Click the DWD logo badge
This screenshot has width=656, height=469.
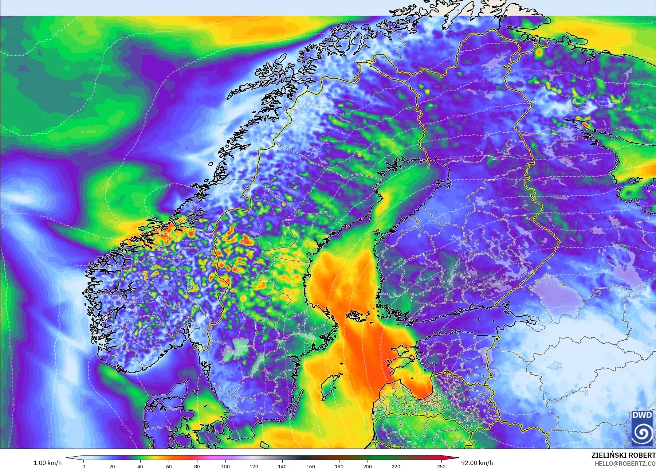[x=643, y=428]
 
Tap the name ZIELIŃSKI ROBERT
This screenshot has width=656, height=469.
[x=623, y=455]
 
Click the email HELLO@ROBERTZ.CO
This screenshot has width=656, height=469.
[x=625, y=464]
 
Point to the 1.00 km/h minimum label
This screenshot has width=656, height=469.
[x=47, y=463]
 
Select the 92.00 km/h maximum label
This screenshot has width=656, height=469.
[x=477, y=463]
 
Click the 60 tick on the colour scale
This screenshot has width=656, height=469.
[x=169, y=466]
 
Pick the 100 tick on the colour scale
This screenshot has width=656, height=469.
[x=225, y=466]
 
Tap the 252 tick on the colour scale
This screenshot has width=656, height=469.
[x=441, y=466]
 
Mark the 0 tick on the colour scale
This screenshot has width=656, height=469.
[x=84, y=466]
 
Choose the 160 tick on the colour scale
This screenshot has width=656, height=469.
[x=310, y=466]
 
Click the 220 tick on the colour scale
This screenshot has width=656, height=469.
[x=396, y=466]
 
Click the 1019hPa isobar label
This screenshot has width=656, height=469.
[x=454, y=117]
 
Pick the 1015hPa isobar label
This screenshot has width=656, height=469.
[x=457, y=158]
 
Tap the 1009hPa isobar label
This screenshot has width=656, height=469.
[x=574, y=213]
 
